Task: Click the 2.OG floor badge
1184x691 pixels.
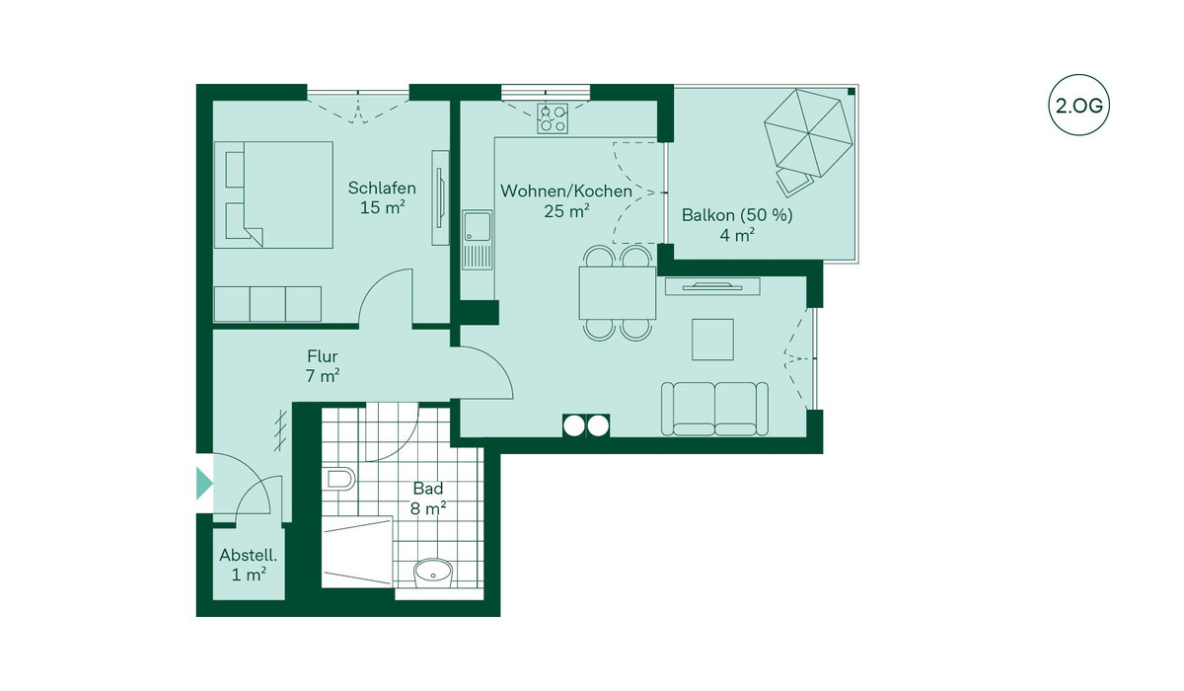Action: click(1078, 106)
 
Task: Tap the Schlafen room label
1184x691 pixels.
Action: click(382, 188)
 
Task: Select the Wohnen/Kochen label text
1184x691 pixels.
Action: click(566, 191)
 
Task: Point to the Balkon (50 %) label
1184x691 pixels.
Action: click(737, 215)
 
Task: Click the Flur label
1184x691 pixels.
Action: click(323, 355)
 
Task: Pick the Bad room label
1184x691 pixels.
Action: click(428, 488)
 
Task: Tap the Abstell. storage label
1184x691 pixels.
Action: click(249, 555)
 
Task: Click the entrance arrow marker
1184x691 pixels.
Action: click(204, 484)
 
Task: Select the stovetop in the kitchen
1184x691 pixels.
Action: click(553, 117)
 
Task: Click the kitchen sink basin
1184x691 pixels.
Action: click(477, 226)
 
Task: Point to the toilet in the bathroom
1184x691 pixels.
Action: click(339, 480)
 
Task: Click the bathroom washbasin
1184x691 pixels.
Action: click(433, 574)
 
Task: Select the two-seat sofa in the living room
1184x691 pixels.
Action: click(714, 410)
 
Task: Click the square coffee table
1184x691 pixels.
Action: click(712, 340)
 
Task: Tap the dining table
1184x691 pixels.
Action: click(618, 293)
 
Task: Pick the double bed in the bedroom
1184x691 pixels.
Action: click(273, 194)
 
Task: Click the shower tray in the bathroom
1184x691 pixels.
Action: click(357, 553)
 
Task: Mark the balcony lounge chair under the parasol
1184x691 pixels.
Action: click(794, 181)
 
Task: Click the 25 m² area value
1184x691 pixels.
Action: click(566, 211)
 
